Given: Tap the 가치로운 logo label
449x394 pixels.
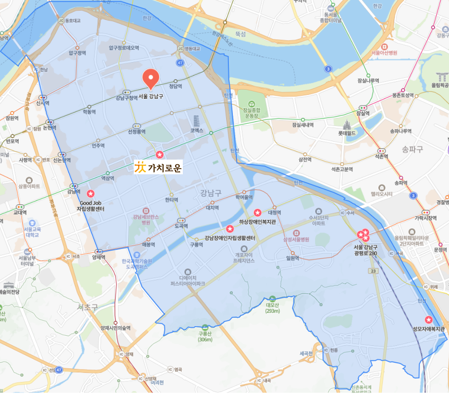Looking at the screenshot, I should tap(158, 168).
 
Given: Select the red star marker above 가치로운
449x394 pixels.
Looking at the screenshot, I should tap(159, 155).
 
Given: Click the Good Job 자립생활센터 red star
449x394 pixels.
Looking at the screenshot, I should tap(90, 193).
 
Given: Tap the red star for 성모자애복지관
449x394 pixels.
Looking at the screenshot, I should tap(428, 320).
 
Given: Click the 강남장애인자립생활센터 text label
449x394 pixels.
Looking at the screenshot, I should tap(230, 237).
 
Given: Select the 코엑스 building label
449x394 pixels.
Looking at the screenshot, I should tap(197, 131).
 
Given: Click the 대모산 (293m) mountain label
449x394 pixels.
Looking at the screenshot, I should tap(272, 308).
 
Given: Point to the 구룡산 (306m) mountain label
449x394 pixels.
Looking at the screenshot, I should tap(205, 336).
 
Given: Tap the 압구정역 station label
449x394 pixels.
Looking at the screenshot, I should tap(77, 53).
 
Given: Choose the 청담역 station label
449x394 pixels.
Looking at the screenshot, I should tap(176, 86).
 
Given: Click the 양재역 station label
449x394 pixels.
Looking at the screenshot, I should tap(99, 257).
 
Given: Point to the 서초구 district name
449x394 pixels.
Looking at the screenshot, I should tap(88, 306).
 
